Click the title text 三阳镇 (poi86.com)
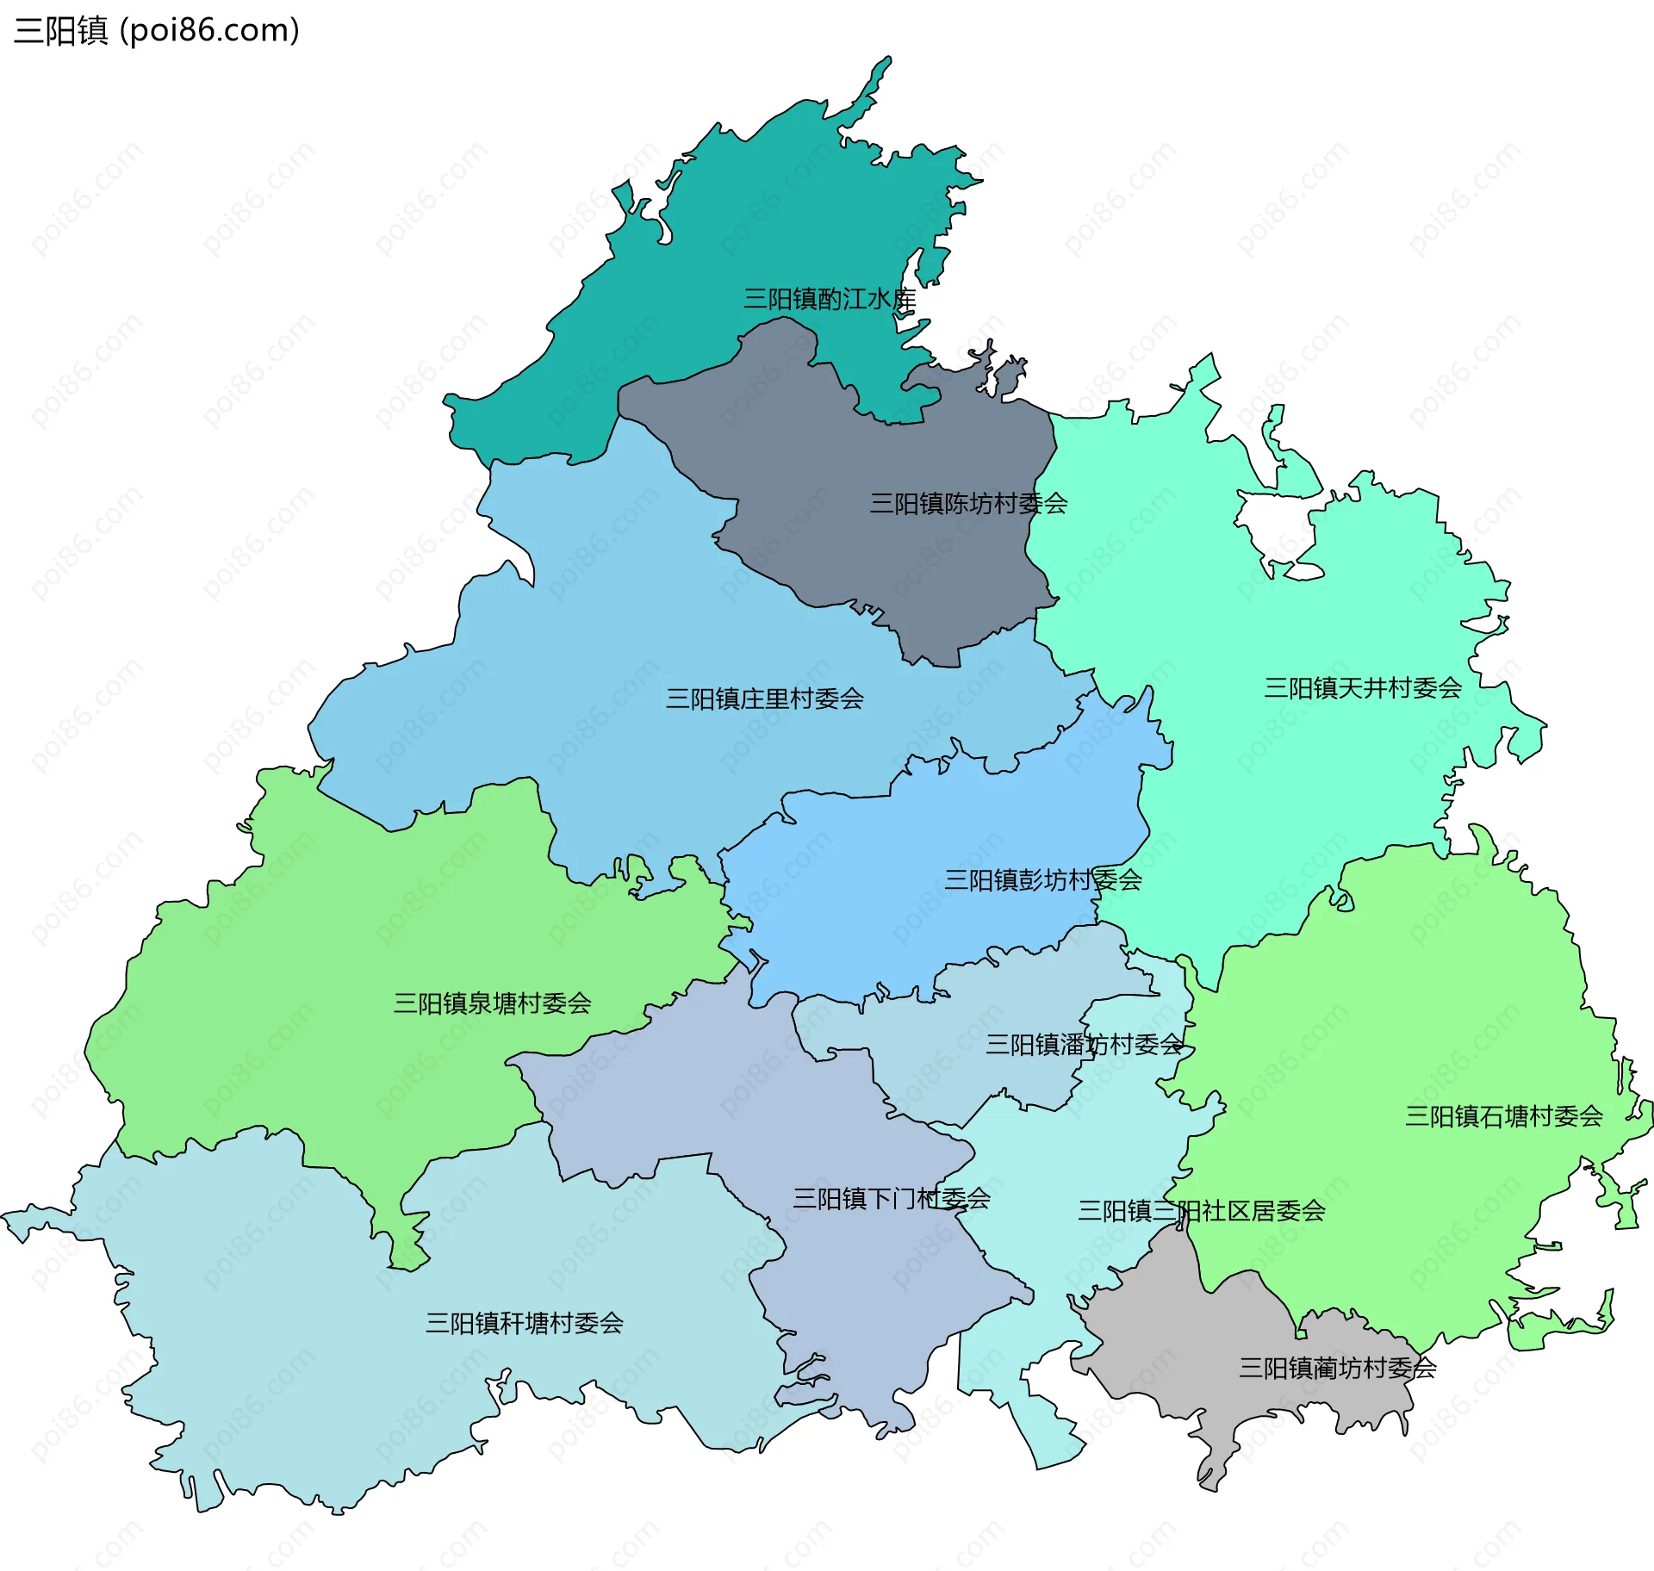[x=156, y=30]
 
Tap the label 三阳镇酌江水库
[x=829, y=299]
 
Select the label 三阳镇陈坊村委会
[x=968, y=503]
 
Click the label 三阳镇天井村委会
[x=1363, y=687]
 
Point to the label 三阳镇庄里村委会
[x=764, y=699]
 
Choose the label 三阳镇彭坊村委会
[x=1042, y=879]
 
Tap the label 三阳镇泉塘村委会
[x=492, y=1003]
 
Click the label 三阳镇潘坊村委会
[x=1084, y=1045]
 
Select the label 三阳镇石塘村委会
[x=1503, y=1116]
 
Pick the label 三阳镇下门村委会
[x=891, y=1198]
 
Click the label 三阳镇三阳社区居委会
[x=1201, y=1211]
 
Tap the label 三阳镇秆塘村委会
[x=524, y=1323]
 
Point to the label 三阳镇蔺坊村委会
[x=1337, y=1368]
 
